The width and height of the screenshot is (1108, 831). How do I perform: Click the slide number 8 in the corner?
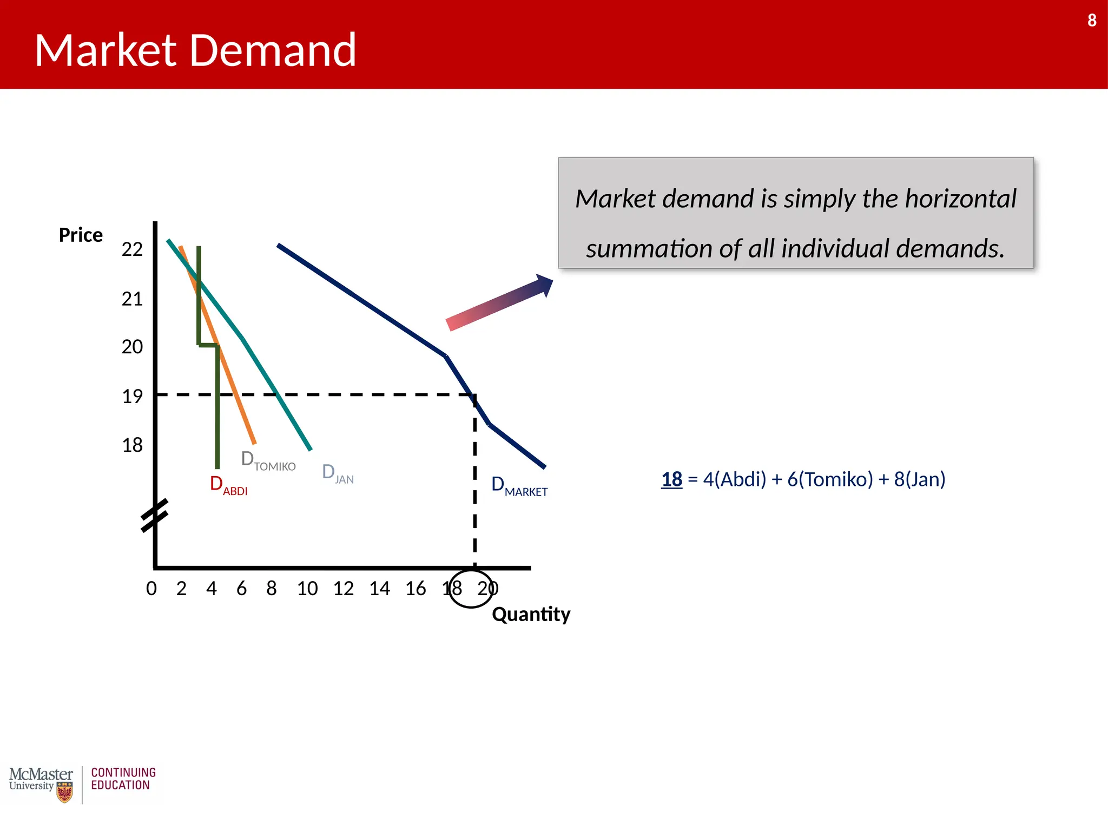point(1092,21)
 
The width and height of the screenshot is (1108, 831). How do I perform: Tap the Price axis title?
point(81,235)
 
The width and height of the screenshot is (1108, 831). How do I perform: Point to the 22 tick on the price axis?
point(132,249)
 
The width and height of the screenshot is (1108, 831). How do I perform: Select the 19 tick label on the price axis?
point(132,397)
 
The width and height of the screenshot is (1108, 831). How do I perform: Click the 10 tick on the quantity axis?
point(307,589)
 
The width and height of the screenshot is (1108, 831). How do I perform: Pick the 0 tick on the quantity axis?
point(151,589)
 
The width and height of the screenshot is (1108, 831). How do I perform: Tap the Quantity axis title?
point(531,615)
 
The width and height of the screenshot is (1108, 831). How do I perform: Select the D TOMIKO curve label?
point(268,461)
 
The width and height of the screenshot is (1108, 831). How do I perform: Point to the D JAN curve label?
point(338,473)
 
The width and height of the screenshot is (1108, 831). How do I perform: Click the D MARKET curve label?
point(519,486)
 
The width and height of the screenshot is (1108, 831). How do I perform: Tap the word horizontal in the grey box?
point(961,199)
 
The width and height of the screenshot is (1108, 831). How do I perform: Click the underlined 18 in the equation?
point(671,479)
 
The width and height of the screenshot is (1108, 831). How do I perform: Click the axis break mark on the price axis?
point(155,516)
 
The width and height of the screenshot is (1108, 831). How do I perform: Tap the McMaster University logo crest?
point(64,793)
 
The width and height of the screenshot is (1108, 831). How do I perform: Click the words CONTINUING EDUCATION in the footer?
point(123,779)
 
